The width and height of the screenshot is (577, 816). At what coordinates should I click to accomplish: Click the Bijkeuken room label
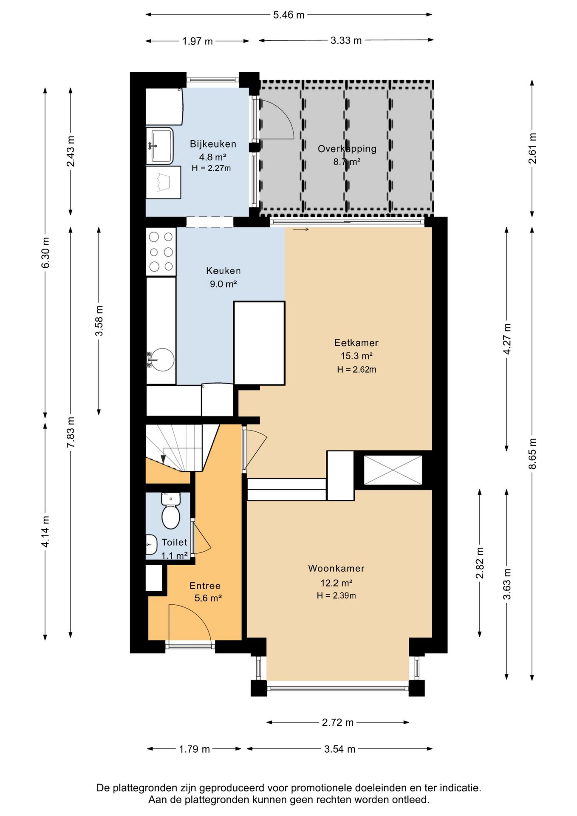[x=213, y=144]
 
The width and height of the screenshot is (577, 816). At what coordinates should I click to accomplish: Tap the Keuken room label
[x=223, y=271]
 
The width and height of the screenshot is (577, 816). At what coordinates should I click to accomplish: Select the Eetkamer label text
[x=356, y=343]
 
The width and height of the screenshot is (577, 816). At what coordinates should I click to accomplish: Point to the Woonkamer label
[x=337, y=568]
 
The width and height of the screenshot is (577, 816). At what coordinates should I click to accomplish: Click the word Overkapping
[x=347, y=149]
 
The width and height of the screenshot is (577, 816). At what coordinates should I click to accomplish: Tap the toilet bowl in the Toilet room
[x=171, y=516]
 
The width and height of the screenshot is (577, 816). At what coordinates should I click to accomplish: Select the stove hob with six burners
[x=161, y=252]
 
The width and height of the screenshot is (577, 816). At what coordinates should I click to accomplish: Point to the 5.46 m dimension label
[x=289, y=15]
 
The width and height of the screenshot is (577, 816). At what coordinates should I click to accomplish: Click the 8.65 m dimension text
[x=532, y=453]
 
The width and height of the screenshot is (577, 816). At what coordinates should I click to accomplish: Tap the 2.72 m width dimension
[x=338, y=722]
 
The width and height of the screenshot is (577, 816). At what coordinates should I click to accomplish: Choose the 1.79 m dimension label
[x=195, y=749]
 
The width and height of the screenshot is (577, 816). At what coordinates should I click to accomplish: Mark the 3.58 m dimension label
[x=99, y=321]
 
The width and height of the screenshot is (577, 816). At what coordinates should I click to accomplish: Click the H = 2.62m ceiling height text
[x=356, y=369]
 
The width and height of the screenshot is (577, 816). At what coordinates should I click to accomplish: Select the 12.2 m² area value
[x=337, y=583]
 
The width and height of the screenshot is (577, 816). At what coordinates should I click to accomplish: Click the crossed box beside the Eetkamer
[x=393, y=470]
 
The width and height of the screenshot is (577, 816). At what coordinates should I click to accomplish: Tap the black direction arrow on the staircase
[x=163, y=459]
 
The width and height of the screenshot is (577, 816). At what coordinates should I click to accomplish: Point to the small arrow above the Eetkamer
[x=301, y=229]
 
